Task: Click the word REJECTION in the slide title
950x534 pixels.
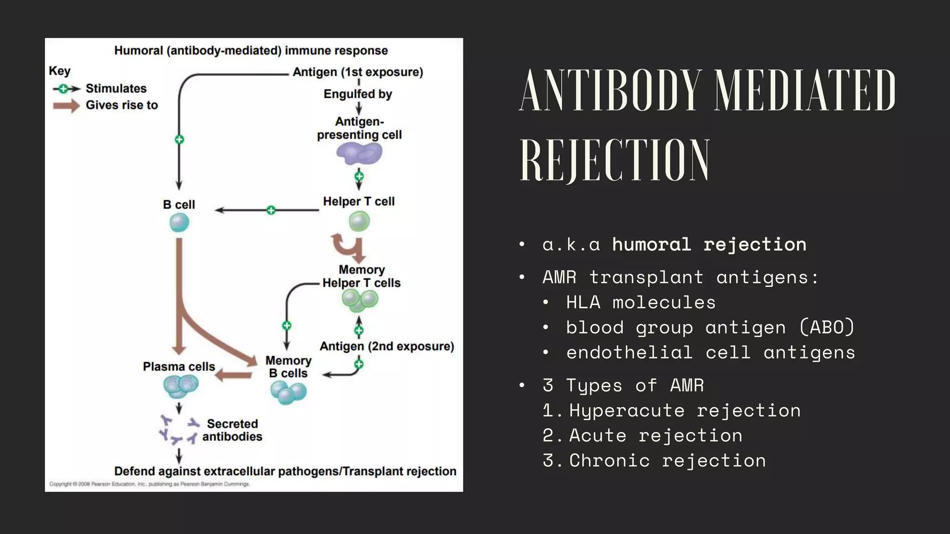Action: [614, 160]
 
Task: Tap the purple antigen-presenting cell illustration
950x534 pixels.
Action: [359, 154]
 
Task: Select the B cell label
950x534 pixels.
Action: [179, 204]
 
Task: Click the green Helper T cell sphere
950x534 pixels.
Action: [359, 221]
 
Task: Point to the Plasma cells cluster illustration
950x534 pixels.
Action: [180, 386]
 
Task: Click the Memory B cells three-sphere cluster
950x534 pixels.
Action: [288, 392]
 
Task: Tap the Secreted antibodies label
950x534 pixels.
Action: [232, 430]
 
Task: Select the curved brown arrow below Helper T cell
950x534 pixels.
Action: [348, 248]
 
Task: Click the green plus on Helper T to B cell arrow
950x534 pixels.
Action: [271, 210]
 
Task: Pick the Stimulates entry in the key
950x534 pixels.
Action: [116, 89]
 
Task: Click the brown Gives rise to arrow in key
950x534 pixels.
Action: [66, 106]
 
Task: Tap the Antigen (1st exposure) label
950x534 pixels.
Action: [358, 72]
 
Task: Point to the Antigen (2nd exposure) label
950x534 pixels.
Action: [386, 346]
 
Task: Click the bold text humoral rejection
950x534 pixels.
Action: [709, 244]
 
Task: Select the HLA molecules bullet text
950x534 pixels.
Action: [641, 302]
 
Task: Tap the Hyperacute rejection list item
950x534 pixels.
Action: [685, 411]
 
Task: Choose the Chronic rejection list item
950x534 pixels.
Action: [667, 461]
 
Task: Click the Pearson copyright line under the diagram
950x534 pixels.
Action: [149, 484]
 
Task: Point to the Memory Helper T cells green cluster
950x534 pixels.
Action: [359, 300]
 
